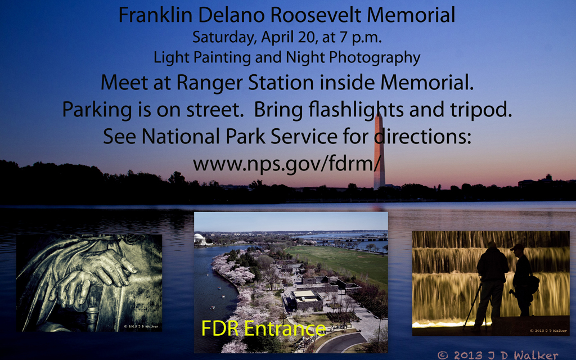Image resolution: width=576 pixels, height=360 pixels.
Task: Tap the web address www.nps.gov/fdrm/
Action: (287, 164)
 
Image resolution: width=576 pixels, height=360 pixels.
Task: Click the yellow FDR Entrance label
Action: (263, 328)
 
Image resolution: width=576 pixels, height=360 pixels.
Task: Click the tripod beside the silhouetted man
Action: (472, 305)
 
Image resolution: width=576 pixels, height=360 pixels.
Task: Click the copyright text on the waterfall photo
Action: (548, 331)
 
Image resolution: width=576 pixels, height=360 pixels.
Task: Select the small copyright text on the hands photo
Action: (141, 326)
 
